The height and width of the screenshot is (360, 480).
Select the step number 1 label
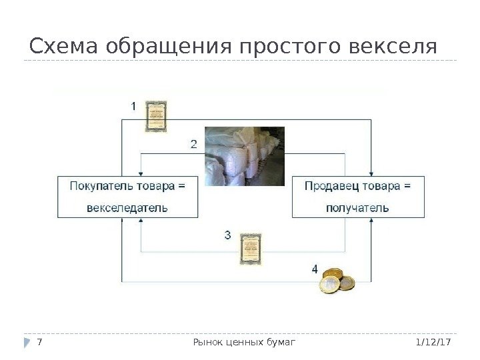(x=133, y=106)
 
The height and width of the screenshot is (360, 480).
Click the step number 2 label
(x=193, y=144)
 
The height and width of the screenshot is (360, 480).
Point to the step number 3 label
(x=228, y=235)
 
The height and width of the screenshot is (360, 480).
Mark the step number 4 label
(x=315, y=269)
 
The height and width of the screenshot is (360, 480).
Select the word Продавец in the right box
(x=332, y=185)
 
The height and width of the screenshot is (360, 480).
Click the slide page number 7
(x=41, y=342)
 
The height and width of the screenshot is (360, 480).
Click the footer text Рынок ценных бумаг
(x=243, y=342)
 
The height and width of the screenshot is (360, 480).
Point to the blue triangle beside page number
(x=27, y=342)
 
